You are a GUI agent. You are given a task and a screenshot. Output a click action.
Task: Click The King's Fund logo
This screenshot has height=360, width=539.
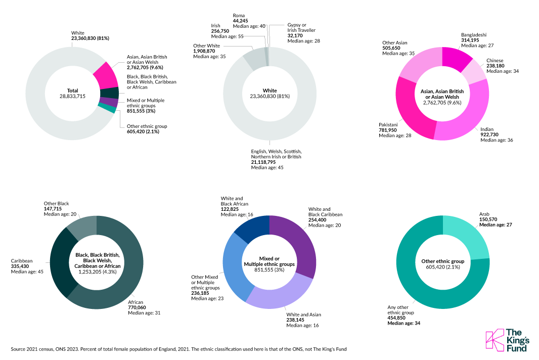pos(506,340)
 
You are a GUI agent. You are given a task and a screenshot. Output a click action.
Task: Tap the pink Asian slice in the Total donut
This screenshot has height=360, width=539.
pos(105,75)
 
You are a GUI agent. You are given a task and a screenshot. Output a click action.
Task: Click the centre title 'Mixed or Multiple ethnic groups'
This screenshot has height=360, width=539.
pos(269,261)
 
